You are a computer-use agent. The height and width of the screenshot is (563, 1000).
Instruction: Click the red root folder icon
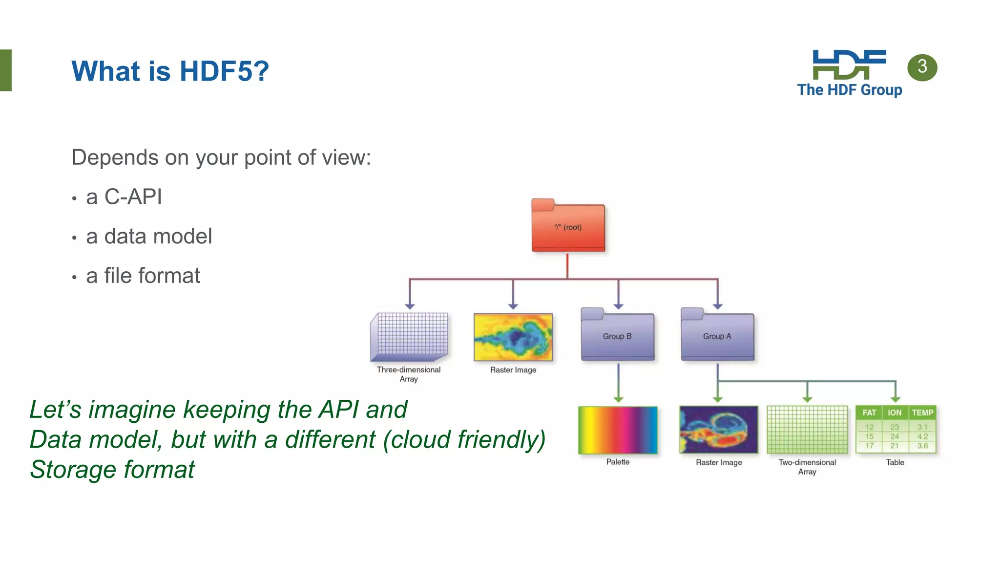tap(568, 227)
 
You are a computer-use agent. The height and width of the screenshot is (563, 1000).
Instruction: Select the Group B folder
tap(617, 336)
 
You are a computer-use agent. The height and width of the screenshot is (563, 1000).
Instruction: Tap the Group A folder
tap(717, 336)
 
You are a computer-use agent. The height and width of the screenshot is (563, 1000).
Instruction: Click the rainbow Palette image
tap(618, 430)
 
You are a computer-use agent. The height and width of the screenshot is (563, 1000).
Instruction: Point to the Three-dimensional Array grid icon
tap(409, 336)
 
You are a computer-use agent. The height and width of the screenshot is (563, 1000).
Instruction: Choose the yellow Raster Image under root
tap(513, 337)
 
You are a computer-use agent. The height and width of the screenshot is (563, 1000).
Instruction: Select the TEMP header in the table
tap(922, 412)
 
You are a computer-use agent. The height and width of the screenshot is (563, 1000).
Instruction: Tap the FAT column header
tap(869, 412)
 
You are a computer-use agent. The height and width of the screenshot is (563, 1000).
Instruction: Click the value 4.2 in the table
tap(922, 436)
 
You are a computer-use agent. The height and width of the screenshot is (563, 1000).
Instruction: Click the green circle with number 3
tap(922, 67)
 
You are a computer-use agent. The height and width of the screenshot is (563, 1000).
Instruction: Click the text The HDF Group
tap(850, 90)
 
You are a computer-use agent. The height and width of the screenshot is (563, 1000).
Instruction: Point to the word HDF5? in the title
tap(224, 71)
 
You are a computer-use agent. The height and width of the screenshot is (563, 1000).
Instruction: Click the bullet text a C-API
tap(124, 197)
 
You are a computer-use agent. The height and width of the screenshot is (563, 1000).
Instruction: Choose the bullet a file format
tap(143, 276)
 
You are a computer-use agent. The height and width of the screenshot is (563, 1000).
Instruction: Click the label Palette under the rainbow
tap(618, 462)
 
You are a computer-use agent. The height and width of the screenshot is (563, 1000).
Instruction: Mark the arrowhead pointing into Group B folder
tap(618, 306)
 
